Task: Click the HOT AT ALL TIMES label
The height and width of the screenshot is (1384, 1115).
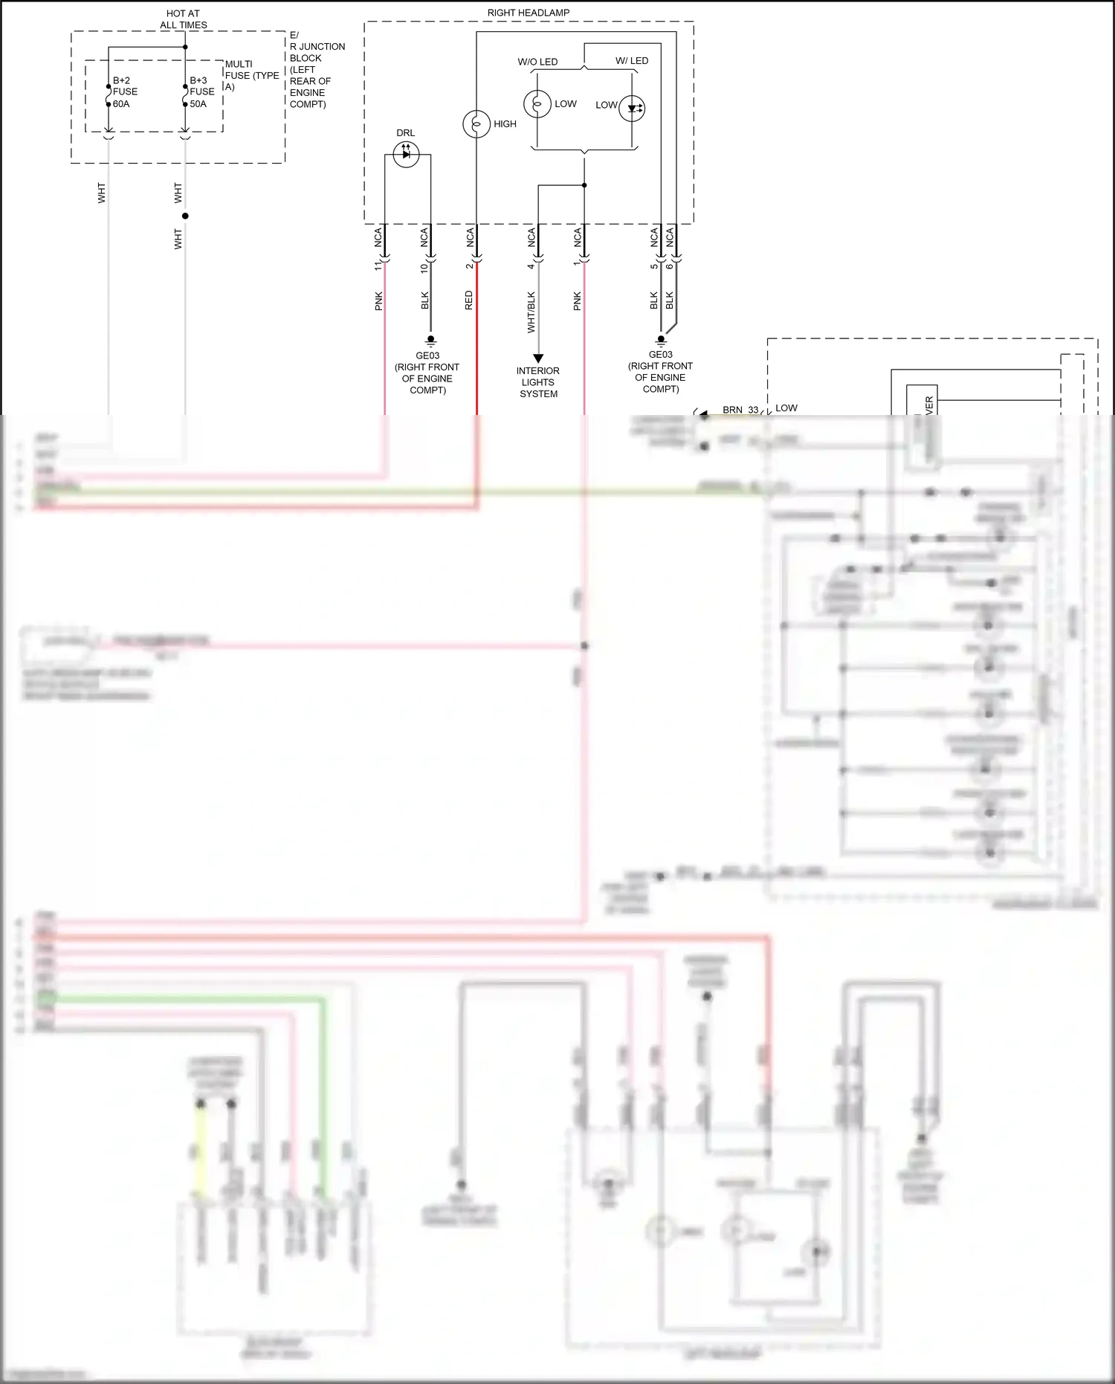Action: point(183,19)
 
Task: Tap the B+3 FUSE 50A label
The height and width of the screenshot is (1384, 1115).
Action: point(201,92)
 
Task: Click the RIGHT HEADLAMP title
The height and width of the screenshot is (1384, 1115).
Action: point(528,13)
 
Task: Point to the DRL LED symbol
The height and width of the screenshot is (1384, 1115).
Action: point(406,155)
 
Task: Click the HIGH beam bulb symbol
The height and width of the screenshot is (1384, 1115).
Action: point(476,124)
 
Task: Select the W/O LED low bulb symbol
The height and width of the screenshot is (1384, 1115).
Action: point(537,104)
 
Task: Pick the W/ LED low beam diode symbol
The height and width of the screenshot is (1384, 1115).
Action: point(632,109)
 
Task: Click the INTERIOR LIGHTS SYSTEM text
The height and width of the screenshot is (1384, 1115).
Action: point(538,382)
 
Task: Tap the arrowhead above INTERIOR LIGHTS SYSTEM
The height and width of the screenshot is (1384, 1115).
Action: point(538,358)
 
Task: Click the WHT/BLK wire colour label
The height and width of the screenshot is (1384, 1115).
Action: point(531,312)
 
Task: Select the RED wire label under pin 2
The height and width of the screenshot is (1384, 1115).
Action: point(468,300)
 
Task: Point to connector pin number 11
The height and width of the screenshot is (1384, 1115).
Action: point(378,265)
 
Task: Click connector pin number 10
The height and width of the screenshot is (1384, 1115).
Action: point(424,267)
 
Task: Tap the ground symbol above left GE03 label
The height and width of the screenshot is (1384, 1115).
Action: point(430,341)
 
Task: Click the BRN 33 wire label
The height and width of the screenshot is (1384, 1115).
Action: point(740,410)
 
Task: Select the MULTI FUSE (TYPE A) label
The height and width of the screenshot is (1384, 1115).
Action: point(251,75)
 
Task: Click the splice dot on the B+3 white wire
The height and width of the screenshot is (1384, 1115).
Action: point(185,216)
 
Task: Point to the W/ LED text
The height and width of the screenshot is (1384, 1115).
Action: point(631,61)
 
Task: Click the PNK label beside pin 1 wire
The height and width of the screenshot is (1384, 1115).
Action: point(577,300)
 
